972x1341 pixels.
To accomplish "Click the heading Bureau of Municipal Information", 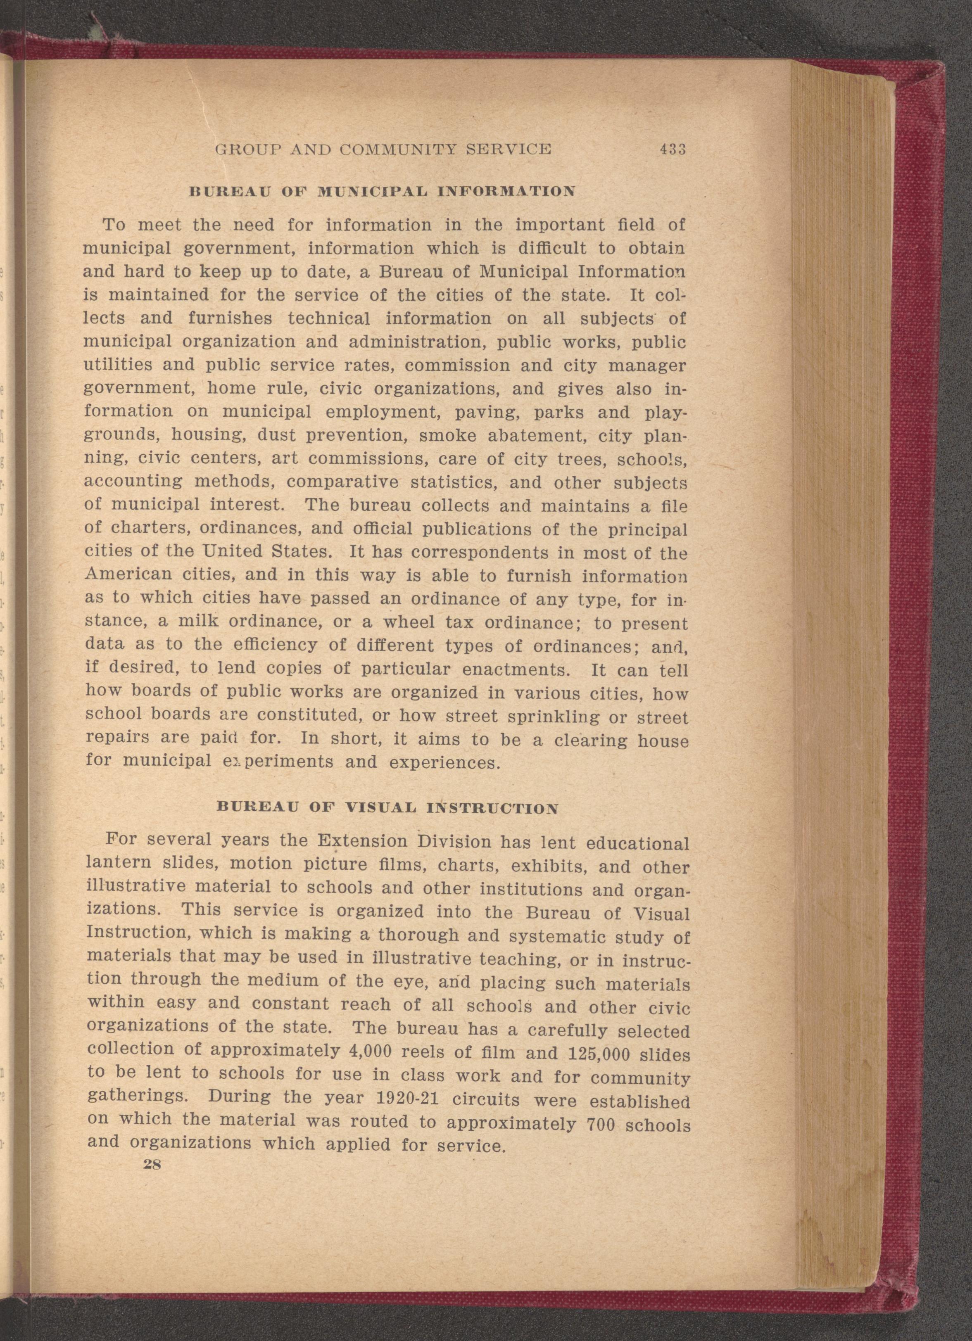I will pos(381,192).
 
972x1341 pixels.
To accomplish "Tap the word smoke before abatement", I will pos(447,436).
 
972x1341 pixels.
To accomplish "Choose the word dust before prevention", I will pos(277,435).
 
